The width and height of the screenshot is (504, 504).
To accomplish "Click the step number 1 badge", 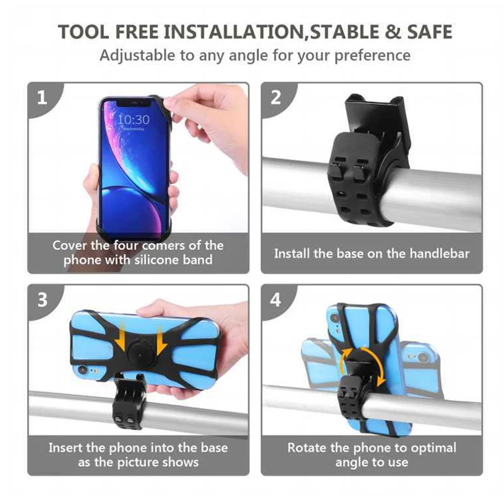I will [x=42, y=98].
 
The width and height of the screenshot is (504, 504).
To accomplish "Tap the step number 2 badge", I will [x=276, y=98].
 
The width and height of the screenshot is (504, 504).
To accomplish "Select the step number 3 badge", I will [x=42, y=299].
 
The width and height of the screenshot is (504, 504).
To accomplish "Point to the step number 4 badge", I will [x=276, y=299].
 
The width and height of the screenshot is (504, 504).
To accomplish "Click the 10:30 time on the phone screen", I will [x=134, y=119].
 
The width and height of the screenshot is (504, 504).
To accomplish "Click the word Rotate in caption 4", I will [x=308, y=448].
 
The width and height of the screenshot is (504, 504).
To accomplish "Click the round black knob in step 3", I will [x=139, y=352].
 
